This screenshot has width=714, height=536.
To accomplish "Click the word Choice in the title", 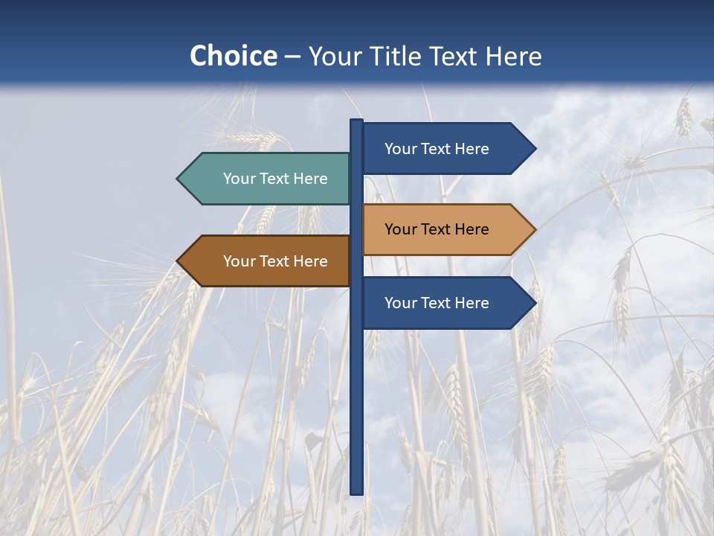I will tap(233, 56).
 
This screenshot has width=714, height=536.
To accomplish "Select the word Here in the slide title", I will tap(513, 56).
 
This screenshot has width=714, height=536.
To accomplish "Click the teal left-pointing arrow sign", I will tap(268, 179).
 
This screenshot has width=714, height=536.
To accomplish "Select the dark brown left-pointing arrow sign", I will tap(268, 261).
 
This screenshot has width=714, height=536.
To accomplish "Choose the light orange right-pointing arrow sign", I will tap(443, 229).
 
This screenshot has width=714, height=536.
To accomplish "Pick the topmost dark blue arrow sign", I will tap(443, 149).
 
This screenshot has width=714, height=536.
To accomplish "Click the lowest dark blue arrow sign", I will tap(443, 303).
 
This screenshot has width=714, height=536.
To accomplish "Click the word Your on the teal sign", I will tap(239, 179).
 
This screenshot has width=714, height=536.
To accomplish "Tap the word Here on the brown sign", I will tap(311, 261).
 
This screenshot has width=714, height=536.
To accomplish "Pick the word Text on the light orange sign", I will tap(437, 229).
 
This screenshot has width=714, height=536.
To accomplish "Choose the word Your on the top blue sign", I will tap(400, 149).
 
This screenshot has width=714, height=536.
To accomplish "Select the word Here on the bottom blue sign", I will tap(472, 303).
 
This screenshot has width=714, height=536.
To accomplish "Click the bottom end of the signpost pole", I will tap(357, 491).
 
